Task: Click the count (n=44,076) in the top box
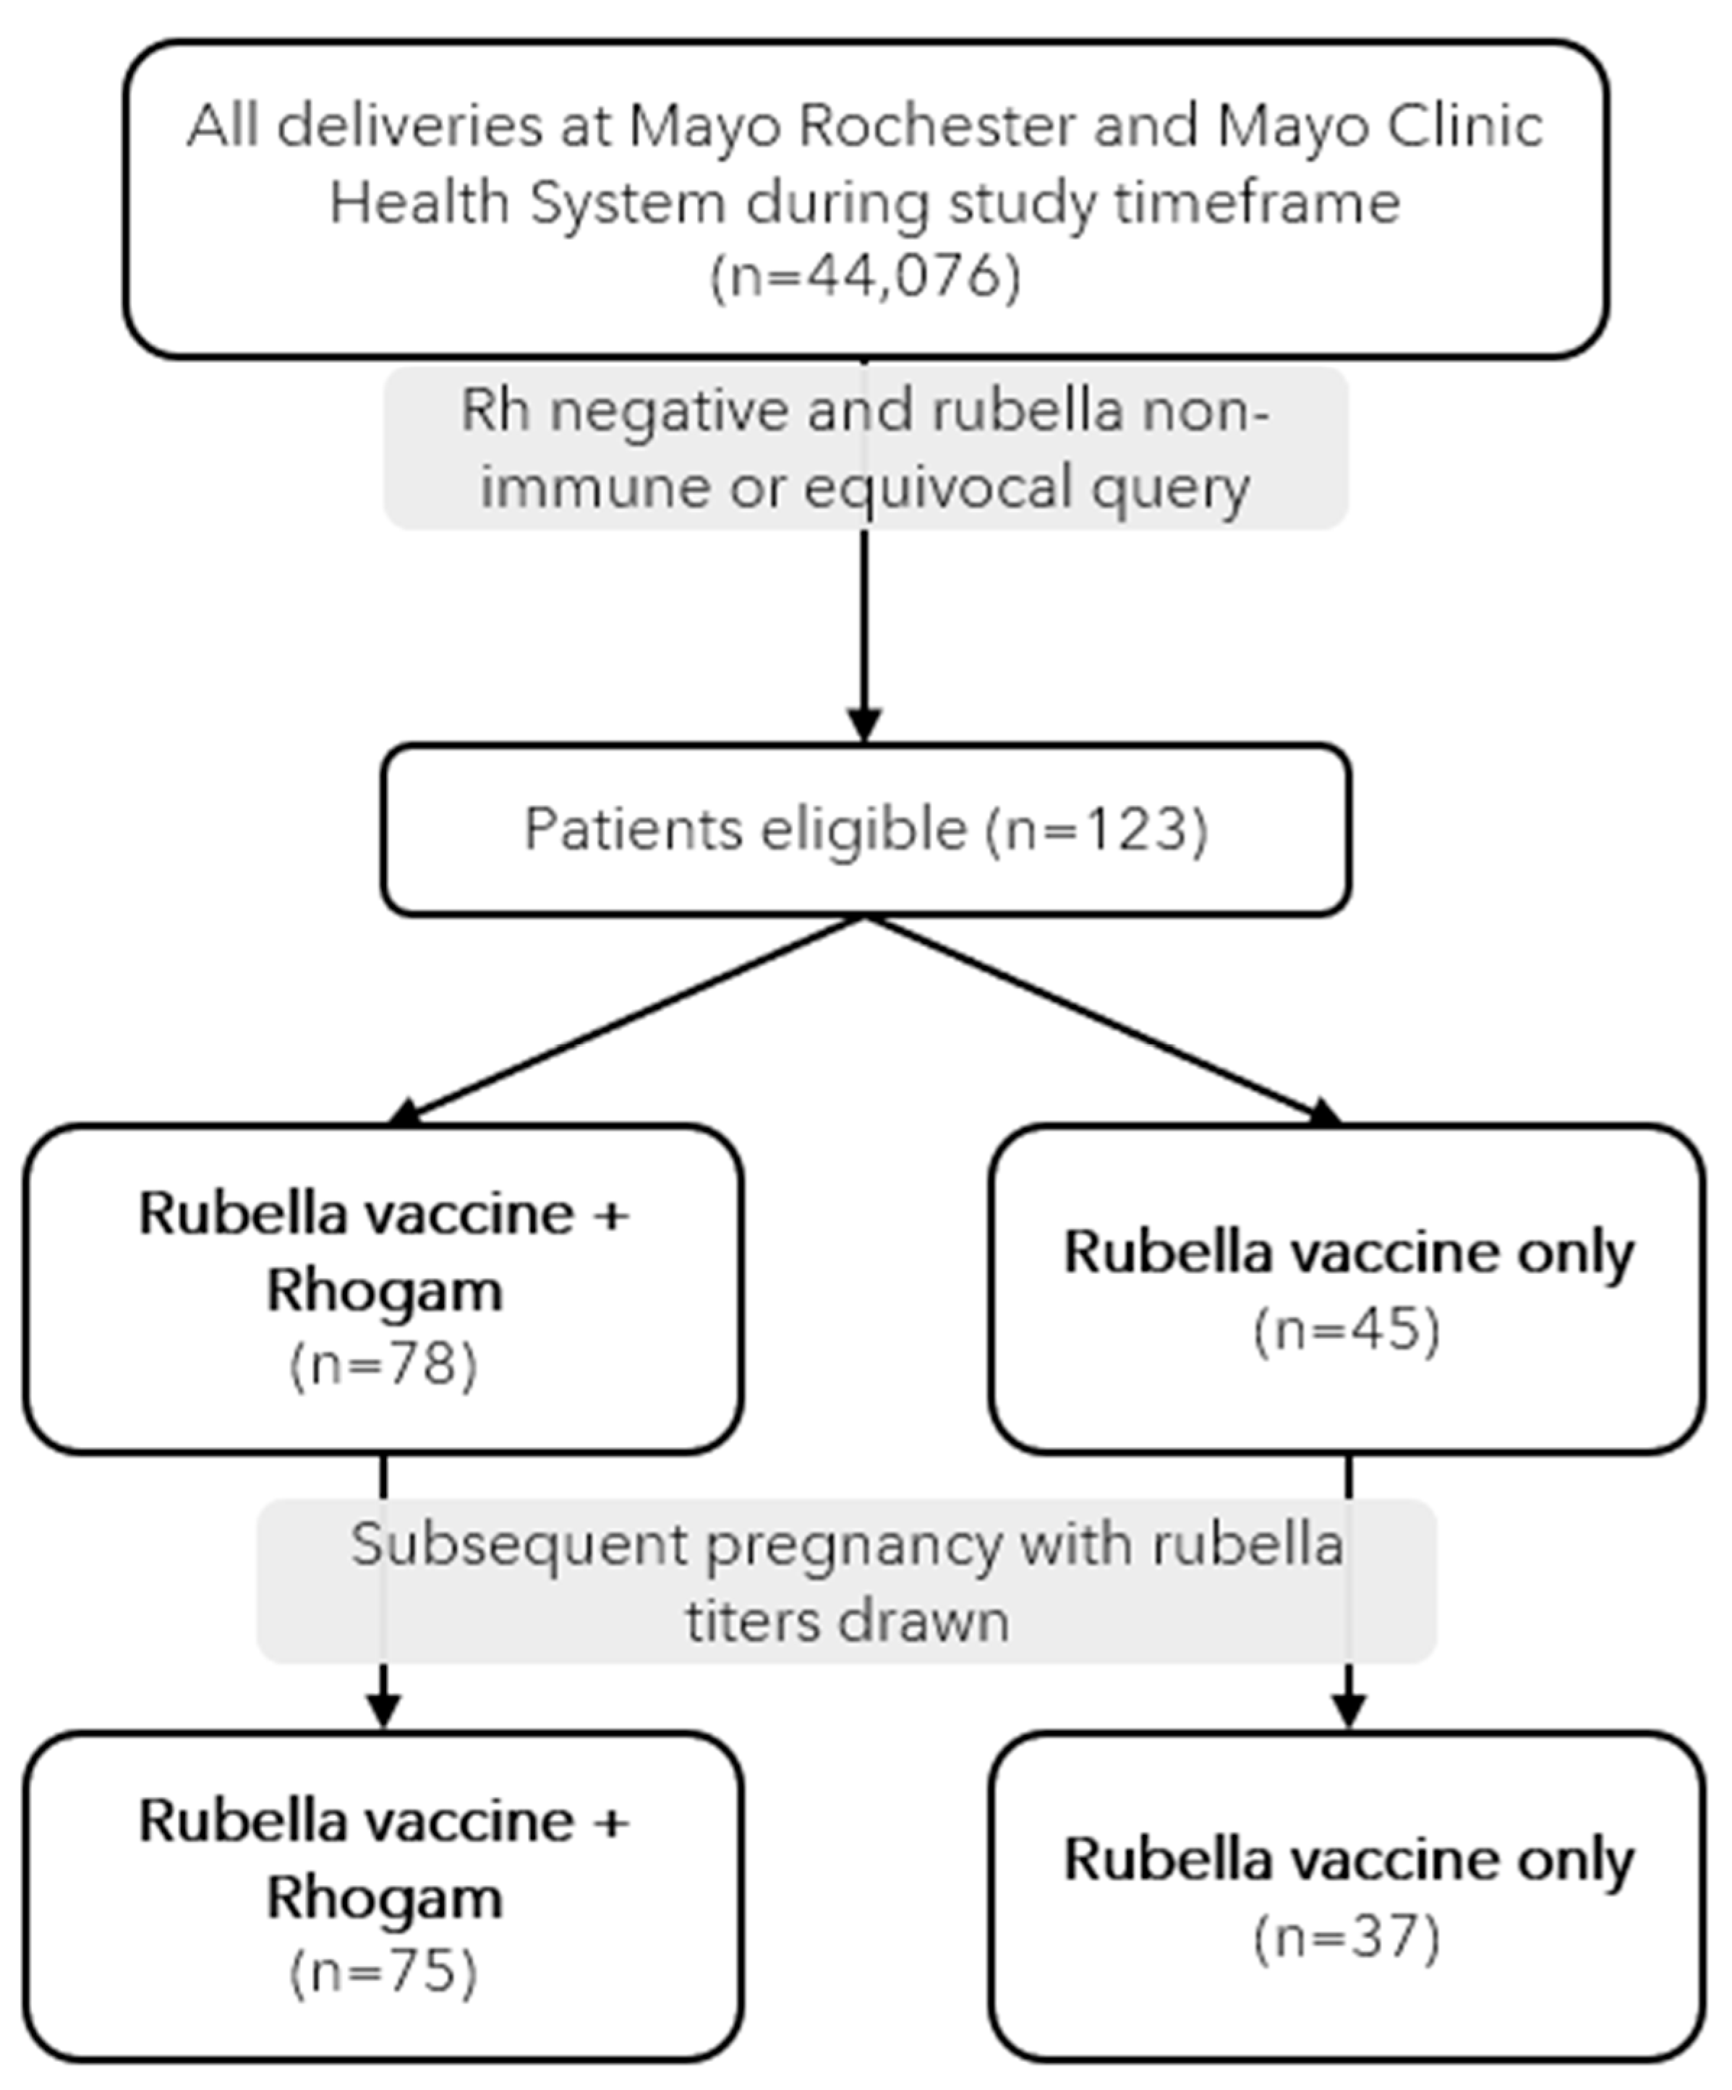click(865, 277)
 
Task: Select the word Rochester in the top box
click(937, 127)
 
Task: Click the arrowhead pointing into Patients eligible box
click(864, 724)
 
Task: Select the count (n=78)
click(383, 1364)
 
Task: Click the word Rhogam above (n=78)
click(384, 1291)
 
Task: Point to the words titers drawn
click(847, 1620)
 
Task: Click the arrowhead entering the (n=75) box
click(383, 1710)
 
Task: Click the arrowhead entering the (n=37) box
click(1348, 1710)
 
